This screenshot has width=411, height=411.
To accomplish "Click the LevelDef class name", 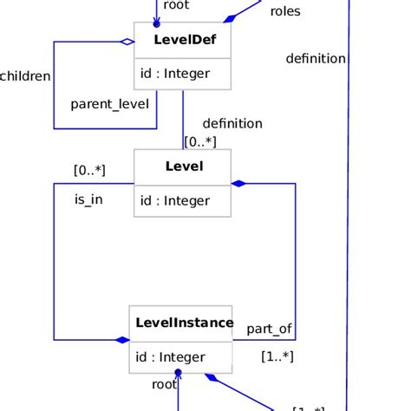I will tap(183, 40).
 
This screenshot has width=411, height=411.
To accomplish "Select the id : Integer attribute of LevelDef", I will tap(174, 75).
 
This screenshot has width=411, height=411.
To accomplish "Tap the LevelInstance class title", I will tap(184, 323).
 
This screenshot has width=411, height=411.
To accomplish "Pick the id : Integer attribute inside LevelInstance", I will tap(170, 357).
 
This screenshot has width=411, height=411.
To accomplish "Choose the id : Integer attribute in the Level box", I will tap(174, 201).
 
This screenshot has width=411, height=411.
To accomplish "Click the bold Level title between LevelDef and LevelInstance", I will tap(183, 166).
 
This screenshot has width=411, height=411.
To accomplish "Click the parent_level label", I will tap(109, 104).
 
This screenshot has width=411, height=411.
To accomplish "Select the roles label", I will tap(285, 11).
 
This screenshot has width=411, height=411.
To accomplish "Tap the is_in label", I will tap(89, 199).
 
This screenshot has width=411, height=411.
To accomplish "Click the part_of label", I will tap(269, 329).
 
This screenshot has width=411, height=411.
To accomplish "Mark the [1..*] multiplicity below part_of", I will tap(277, 356).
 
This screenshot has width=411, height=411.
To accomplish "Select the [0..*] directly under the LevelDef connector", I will tap(200, 141).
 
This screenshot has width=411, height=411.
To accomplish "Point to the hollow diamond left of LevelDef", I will tap(127, 41).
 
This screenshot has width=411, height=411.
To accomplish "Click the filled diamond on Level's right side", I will tap(238, 184).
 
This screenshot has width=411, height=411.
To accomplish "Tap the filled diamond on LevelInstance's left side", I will tap(122, 340).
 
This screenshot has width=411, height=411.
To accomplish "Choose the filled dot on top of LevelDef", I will tap(157, 24).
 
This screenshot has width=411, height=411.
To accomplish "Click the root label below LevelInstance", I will tap(164, 384).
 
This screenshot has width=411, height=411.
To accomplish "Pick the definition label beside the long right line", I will tap(316, 59).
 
